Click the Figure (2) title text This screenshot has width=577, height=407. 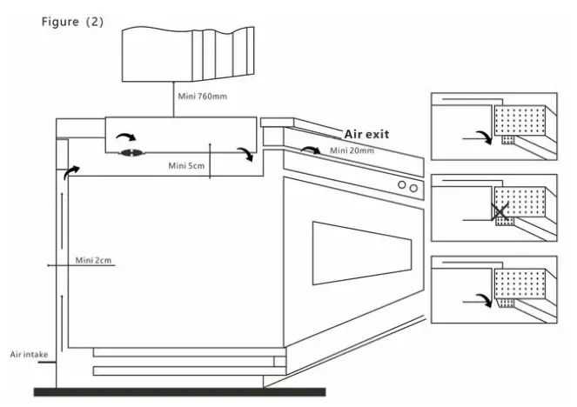click(x=72, y=22)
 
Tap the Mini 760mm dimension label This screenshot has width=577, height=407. click(x=203, y=97)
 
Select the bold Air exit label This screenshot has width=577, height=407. click(x=366, y=134)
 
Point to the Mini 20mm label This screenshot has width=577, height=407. click(x=352, y=150)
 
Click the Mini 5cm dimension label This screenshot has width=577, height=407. click(x=186, y=166)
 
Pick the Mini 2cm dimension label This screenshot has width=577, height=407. click(x=93, y=260)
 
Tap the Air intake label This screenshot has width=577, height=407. click(x=29, y=355)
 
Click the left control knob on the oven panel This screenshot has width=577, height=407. click(x=402, y=184)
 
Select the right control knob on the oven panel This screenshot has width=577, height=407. click(x=413, y=188)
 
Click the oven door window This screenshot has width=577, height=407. click(x=362, y=253)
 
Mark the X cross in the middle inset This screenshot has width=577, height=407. click(x=500, y=212)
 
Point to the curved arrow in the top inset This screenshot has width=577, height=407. click(x=485, y=136)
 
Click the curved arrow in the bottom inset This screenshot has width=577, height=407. click(x=485, y=298)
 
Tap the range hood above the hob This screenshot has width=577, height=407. click(x=188, y=54)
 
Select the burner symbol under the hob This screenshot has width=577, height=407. click(x=131, y=153)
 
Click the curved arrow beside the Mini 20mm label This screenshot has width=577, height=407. click(x=311, y=149)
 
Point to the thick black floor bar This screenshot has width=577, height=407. click(x=179, y=392)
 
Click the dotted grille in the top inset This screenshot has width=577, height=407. click(x=520, y=120)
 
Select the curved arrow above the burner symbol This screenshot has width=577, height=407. click(x=126, y=137)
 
